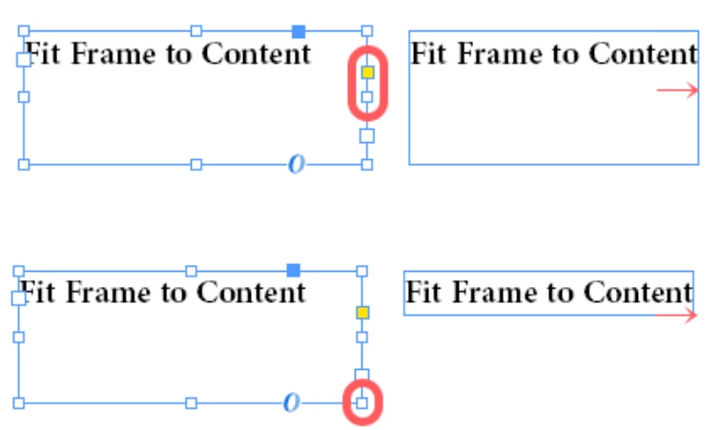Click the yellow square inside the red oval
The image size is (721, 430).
point(367,72)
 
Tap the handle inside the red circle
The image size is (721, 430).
point(361,403)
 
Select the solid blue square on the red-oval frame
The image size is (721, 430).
point(299,31)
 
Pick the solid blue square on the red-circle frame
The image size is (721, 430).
point(294,270)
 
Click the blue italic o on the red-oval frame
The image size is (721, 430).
point(297,164)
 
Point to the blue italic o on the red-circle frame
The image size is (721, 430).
point(291,402)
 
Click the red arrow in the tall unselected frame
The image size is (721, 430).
point(678,91)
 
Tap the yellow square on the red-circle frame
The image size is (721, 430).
point(362,313)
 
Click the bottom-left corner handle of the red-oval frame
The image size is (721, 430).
point(24,165)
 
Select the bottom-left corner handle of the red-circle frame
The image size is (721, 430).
point(18,403)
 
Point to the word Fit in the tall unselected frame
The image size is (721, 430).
point(428,53)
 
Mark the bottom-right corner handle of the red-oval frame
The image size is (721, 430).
point(367,165)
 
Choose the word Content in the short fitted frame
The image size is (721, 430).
point(638,292)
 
